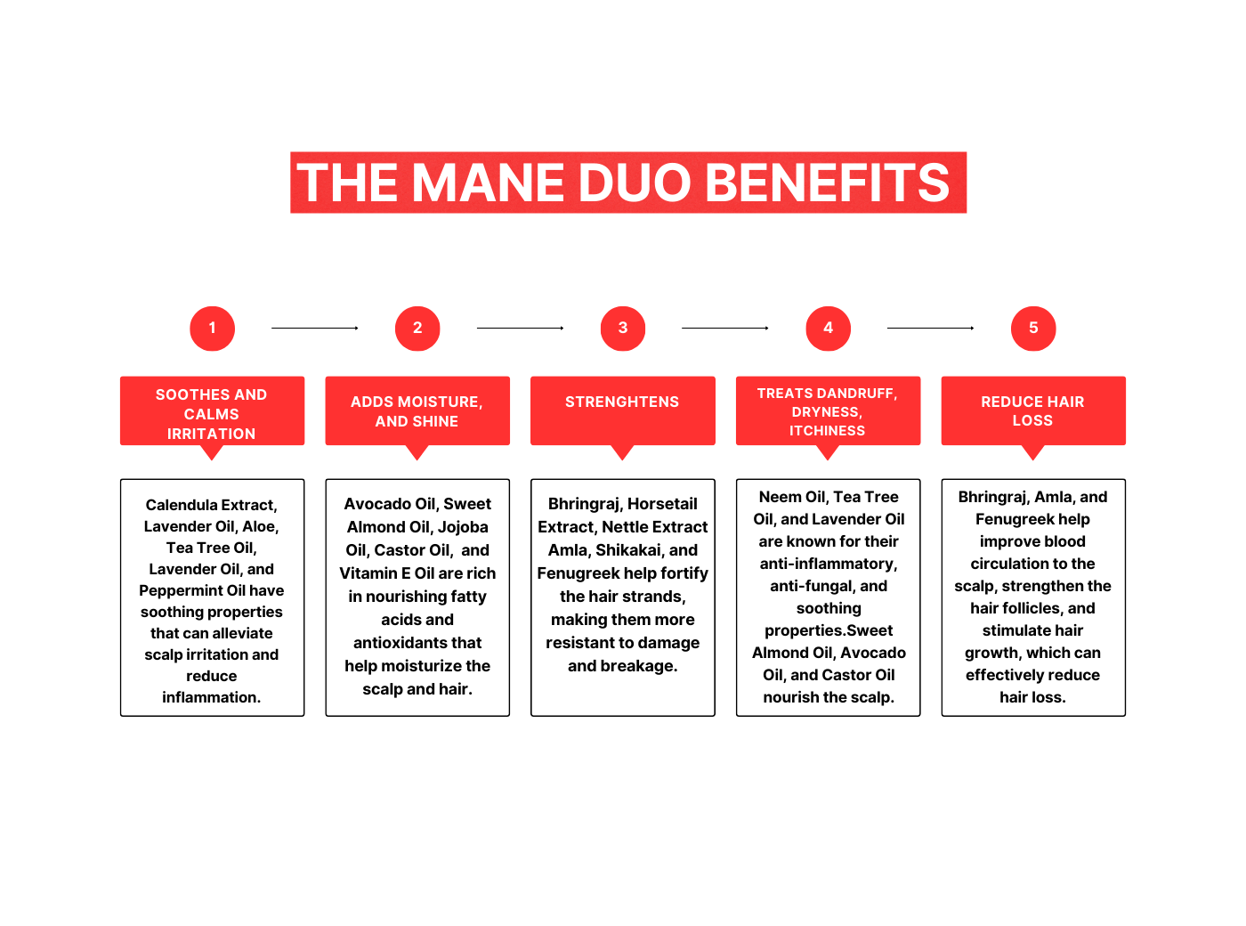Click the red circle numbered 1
tap(212, 329)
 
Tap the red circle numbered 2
tap(417, 329)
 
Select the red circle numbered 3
tap(623, 329)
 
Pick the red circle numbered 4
tap(828, 329)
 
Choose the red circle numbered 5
tap(1033, 329)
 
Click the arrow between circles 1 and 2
tap(315, 329)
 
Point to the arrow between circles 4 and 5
tap(930, 329)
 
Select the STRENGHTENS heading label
tap(622, 402)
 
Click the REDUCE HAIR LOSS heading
tap(1032, 411)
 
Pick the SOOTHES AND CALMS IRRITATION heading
tap(212, 414)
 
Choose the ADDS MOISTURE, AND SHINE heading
tap(417, 411)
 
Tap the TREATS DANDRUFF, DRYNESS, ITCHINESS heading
tap(828, 411)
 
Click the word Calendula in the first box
tap(181, 506)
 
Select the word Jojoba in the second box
tap(463, 527)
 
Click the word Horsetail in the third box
tap(662, 504)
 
